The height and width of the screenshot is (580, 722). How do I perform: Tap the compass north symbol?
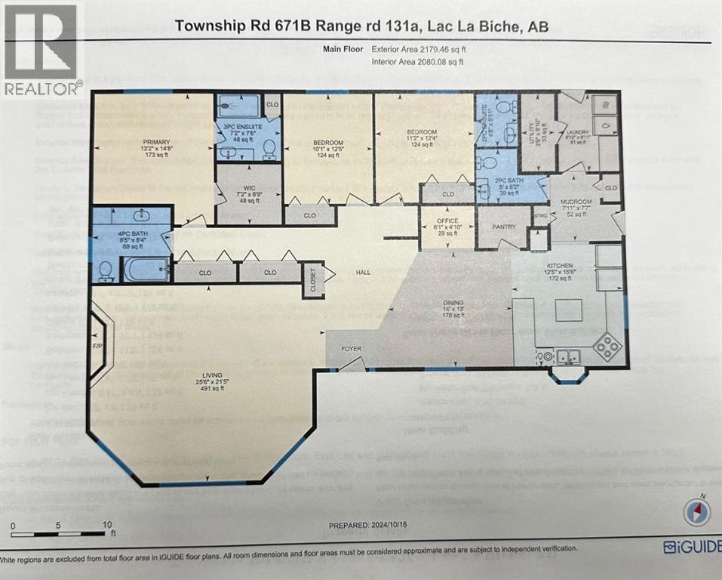pyautogui.click(x=696, y=513)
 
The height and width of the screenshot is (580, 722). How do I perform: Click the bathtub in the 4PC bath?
pyautogui.click(x=147, y=269)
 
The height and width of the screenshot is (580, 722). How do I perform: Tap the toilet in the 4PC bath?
pyautogui.click(x=106, y=268)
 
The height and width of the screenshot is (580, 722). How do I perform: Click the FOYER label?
pyautogui.click(x=352, y=349)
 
